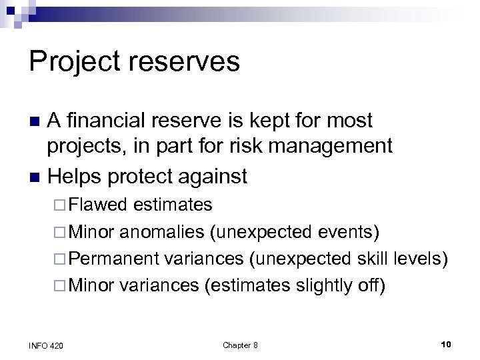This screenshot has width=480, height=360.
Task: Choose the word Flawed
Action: (x=98, y=204)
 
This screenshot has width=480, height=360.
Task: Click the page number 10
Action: (x=447, y=344)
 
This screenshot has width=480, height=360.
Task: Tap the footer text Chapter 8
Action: (x=240, y=345)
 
